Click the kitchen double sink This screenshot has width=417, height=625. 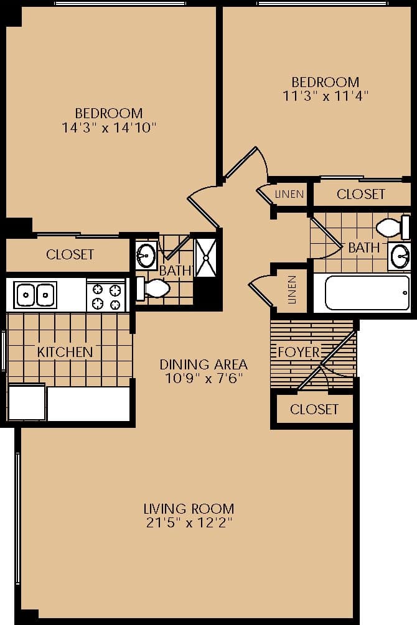[35, 294]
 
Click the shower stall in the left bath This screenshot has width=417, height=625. [205, 257]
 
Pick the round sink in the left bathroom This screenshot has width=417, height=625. [147, 254]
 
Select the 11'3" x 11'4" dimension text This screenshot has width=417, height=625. [326, 96]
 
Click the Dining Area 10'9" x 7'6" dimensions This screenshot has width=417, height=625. [204, 378]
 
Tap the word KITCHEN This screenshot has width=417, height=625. [65, 352]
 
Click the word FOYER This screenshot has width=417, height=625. [298, 352]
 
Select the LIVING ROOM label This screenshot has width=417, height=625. [189, 508]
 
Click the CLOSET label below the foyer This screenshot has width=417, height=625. [314, 409]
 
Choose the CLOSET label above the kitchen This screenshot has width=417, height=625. [70, 254]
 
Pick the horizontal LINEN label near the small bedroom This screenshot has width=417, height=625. [289, 194]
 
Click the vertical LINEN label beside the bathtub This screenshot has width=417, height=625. [292, 290]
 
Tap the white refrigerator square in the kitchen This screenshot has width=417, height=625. [27, 402]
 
